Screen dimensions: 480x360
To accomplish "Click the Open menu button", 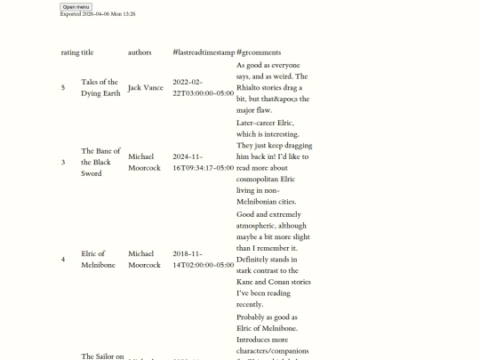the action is [76, 6].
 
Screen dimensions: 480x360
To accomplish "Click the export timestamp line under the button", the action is [98, 14].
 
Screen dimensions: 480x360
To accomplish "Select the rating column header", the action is [69, 52].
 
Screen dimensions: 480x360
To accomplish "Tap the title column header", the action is [87, 52].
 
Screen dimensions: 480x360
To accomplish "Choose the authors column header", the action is [140, 52].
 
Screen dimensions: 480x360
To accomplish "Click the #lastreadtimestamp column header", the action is [203, 52].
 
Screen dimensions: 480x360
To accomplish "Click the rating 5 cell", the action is [63, 87].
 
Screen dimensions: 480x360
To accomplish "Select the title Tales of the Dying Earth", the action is [100, 87].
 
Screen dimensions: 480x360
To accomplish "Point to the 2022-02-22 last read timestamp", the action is [203, 87].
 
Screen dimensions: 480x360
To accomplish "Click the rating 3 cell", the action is [63, 162].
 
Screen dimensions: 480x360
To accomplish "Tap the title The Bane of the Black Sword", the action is [100, 162].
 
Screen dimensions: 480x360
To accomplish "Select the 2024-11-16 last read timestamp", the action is [203, 162].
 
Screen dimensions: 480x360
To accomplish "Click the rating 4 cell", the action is [63, 260].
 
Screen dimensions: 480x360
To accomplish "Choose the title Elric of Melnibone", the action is [98, 260].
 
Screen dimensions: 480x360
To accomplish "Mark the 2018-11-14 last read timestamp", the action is [203, 260].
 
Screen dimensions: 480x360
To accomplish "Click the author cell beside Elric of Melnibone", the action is [144, 260].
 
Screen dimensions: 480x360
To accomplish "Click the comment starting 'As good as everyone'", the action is [273, 87].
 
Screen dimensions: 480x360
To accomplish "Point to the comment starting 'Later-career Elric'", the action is [274, 162].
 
